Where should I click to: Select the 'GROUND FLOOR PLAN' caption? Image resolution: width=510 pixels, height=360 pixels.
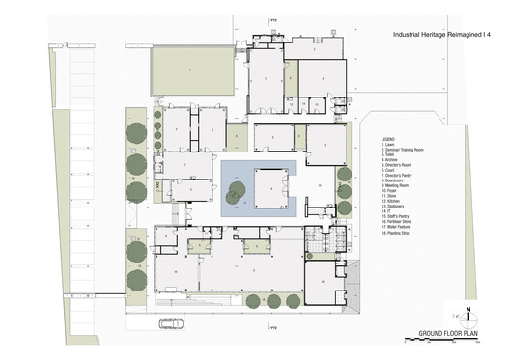click(x=449, y=334)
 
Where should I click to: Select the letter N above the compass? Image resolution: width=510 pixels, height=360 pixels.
click(x=468, y=309)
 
